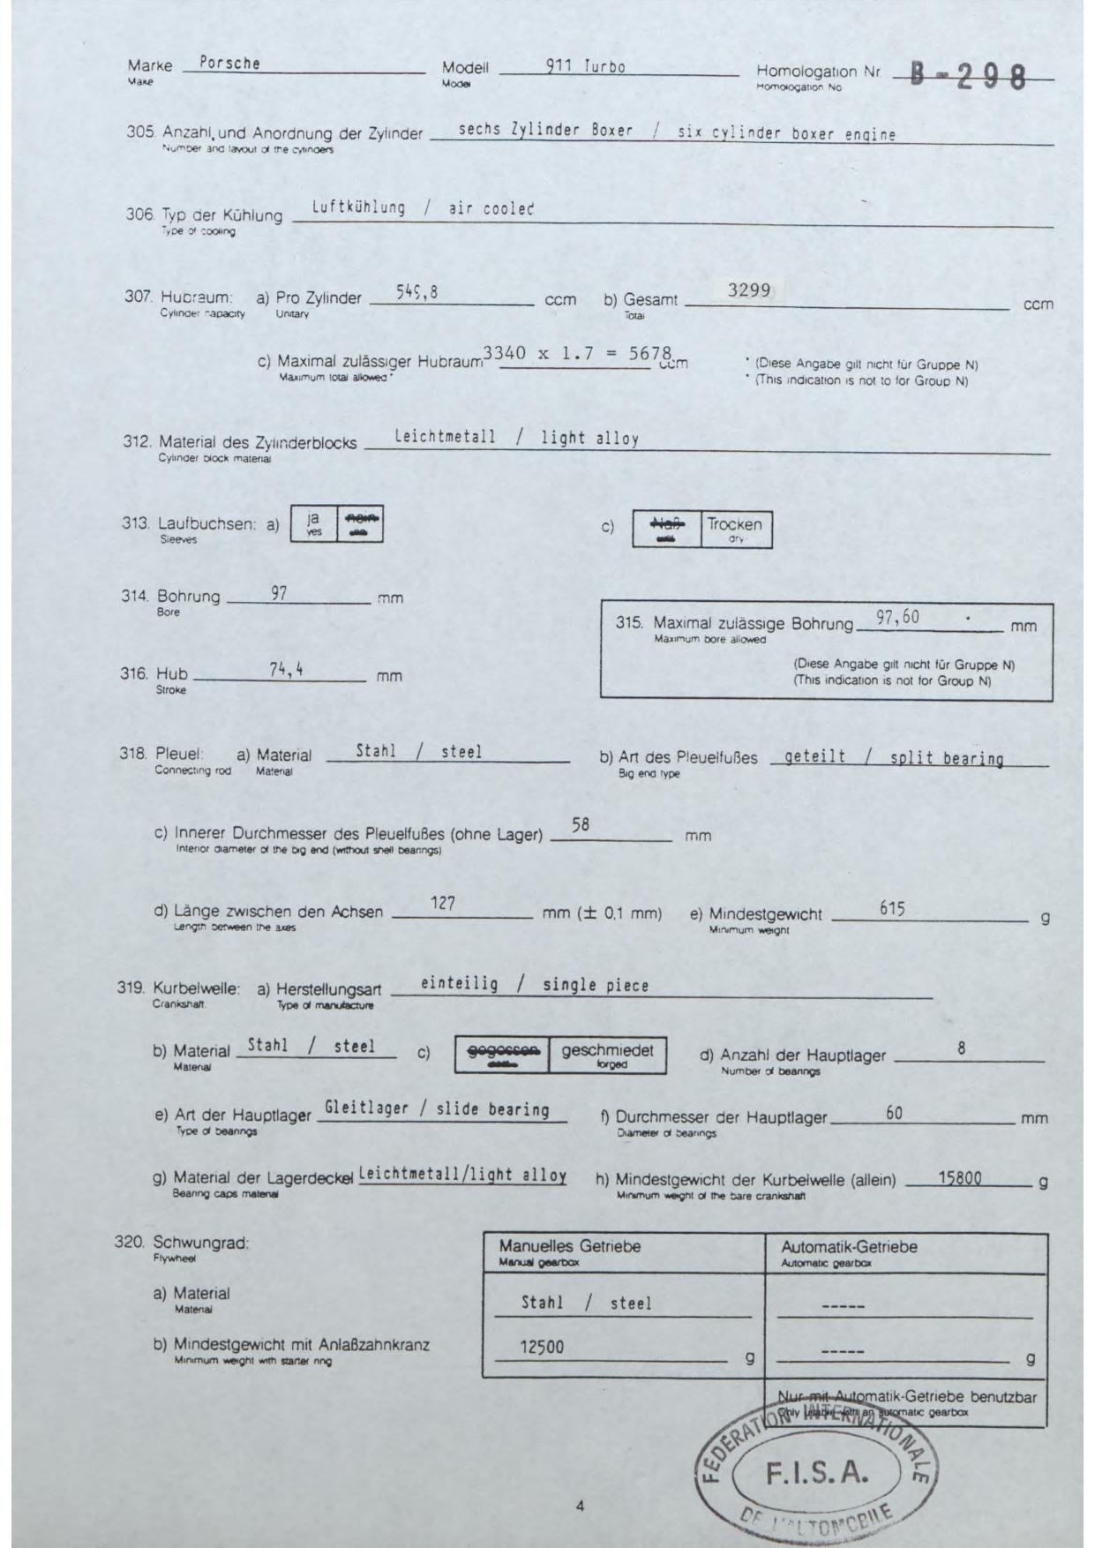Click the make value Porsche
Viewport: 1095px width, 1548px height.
coord(229,63)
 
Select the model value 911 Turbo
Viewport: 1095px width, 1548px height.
coord(586,66)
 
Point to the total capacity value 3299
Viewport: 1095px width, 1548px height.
coord(749,290)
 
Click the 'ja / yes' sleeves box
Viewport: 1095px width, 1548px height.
coord(314,524)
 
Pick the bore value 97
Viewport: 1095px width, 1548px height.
coord(279,593)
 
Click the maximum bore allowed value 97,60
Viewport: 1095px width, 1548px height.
coord(897,618)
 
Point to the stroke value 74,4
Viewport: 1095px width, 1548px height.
coord(286,670)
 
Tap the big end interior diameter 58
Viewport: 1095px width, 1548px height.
coord(580,824)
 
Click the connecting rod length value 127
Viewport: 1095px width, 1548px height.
coord(442,903)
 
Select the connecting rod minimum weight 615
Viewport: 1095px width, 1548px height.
coord(892,908)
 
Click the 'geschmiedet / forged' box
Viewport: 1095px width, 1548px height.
coord(607,1054)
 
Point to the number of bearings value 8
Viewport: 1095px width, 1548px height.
coord(961,1048)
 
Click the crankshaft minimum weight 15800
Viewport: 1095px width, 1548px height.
coord(959,1177)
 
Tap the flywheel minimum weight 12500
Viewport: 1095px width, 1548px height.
coord(542,1348)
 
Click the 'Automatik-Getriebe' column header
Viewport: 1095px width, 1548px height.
coord(849,1247)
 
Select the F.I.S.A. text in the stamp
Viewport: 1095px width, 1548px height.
coord(817,1473)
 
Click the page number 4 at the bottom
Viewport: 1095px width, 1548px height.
coord(580,1507)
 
